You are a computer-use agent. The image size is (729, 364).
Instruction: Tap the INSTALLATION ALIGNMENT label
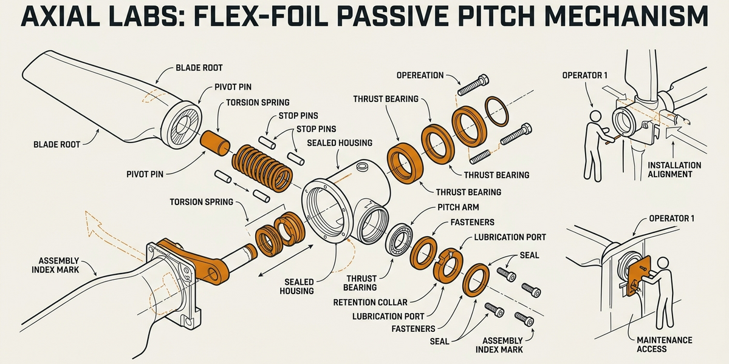click(674, 169)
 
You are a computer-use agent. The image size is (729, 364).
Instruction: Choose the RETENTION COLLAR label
click(370, 302)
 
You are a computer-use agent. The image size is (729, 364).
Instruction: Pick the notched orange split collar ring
click(448, 265)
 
